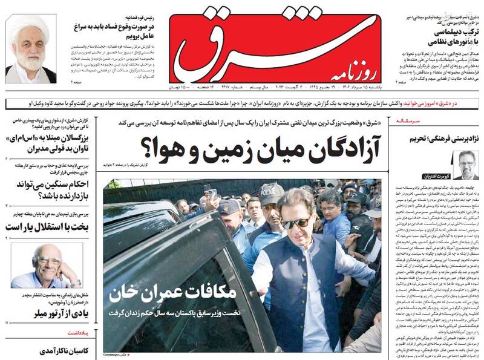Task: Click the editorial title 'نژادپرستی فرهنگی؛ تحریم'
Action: (x=445, y=138)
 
